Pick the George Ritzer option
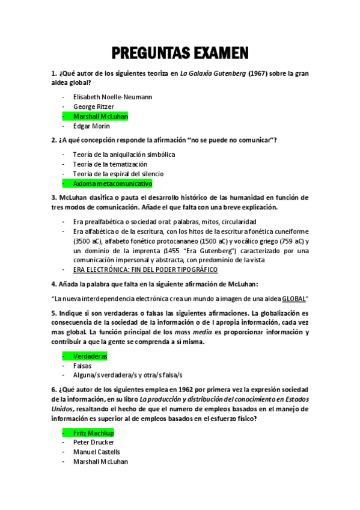tap(93, 106)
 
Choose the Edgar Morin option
tap(91, 126)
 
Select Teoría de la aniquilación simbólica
tap(124, 154)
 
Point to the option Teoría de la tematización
tap(110, 164)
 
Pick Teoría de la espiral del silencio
tap(118, 173)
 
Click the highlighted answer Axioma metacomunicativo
tap(112, 183)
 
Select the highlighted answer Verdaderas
tap(90, 356)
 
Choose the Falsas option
tap(83, 366)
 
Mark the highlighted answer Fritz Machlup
tap(93, 432)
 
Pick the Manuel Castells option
tap(96, 452)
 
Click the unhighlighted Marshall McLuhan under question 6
tap(100, 462)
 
